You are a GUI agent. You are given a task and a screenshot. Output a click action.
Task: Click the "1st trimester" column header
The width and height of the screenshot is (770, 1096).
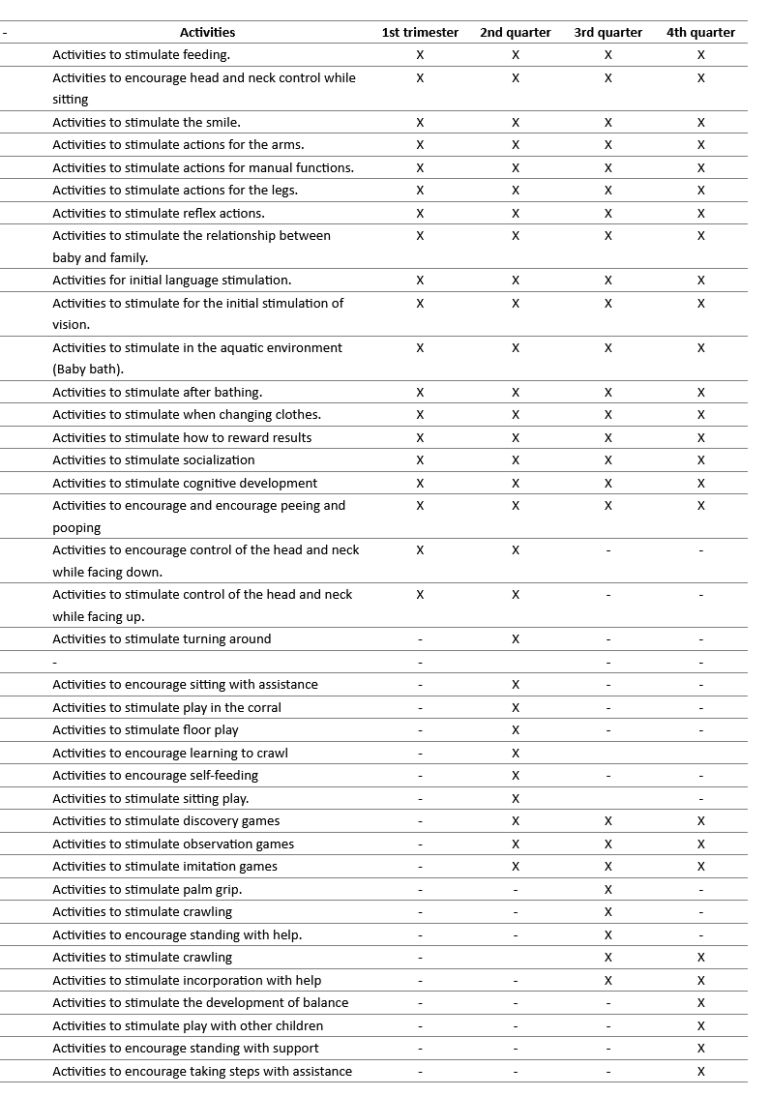420,32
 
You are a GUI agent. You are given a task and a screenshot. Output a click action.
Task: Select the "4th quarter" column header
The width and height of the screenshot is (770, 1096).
700,32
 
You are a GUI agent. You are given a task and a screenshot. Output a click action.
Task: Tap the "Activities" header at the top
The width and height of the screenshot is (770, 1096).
207,32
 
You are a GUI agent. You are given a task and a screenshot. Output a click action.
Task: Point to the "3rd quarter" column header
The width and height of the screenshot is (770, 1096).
607,32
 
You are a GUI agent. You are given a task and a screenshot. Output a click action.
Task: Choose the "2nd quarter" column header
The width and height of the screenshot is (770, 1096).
515,32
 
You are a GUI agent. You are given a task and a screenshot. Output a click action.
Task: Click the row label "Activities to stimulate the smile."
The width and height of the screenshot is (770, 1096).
146,122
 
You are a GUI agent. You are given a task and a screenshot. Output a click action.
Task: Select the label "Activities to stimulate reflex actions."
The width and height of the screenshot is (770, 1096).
159,213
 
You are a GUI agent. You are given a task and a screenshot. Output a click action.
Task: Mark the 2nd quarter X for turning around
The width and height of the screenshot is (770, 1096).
516,639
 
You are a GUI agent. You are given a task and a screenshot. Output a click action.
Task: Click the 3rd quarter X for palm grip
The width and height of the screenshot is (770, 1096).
607,889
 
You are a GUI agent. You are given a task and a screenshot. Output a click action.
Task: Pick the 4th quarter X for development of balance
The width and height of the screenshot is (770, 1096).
701,1003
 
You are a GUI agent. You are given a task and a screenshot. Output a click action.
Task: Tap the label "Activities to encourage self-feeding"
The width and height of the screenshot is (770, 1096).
155,775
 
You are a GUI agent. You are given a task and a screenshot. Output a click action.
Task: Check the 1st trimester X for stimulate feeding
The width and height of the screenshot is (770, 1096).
420,55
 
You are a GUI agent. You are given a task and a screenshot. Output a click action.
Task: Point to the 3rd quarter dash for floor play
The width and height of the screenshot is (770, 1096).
607,730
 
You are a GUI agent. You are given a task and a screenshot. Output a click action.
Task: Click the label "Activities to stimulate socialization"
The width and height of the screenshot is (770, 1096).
154,459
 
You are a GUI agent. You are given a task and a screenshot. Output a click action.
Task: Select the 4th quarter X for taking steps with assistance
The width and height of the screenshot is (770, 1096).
701,1071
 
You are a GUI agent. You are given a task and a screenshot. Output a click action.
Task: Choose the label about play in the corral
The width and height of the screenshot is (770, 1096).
166,707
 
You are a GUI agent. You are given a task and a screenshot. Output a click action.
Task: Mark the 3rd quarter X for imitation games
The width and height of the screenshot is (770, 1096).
607,867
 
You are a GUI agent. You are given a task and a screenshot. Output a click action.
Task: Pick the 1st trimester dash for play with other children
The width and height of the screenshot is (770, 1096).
420,1026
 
